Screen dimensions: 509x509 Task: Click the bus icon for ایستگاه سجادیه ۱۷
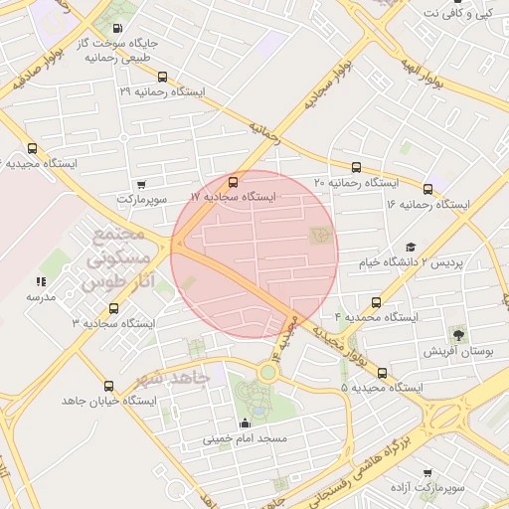pyautogui.click(x=233, y=182)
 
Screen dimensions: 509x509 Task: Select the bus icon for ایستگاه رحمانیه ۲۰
pyautogui.click(x=356, y=167)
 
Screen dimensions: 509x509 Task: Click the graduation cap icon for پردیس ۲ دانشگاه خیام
pyautogui.click(x=410, y=248)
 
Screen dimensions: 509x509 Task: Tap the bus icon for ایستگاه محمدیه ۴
pyautogui.click(x=376, y=301)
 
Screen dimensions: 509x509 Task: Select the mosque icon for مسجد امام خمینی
pyautogui.click(x=245, y=423)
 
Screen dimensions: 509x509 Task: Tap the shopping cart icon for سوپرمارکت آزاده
pyautogui.click(x=427, y=473)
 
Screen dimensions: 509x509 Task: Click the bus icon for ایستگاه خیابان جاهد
pyautogui.click(x=108, y=386)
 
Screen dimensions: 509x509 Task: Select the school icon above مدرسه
pyautogui.click(x=41, y=281)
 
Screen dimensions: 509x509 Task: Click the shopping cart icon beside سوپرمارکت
pyautogui.click(x=141, y=184)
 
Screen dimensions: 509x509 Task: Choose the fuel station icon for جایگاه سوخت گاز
pyautogui.click(x=119, y=28)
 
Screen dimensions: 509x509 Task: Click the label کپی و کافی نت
pyautogui.click(x=457, y=13)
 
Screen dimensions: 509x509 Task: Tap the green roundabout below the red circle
pyautogui.click(x=266, y=371)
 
